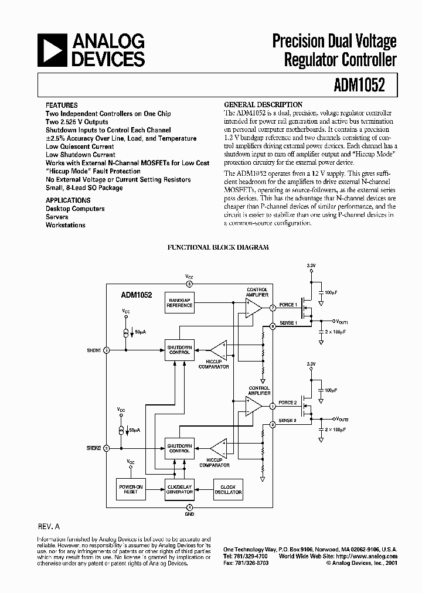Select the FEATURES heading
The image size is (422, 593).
(x=61, y=105)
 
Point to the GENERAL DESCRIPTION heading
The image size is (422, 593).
(x=264, y=104)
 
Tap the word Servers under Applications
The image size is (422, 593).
(x=57, y=217)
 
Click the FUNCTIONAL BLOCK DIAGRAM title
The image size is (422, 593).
(x=218, y=248)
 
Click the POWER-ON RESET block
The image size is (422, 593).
(x=130, y=489)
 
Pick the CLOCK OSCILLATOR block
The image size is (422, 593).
(x=228, y=489)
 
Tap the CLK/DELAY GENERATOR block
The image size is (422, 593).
(x=179, y=489)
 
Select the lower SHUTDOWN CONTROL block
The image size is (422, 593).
(x=179, y=448)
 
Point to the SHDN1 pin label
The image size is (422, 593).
(x=94, y=350)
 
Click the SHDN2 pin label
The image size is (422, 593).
(x=94, y=448)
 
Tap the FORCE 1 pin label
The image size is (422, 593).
(x=288, y=305)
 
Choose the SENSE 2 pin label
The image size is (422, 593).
(x=288, y=421)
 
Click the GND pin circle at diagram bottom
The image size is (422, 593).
(x=189, y=507)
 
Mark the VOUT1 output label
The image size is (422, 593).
(x=342, y=322)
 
